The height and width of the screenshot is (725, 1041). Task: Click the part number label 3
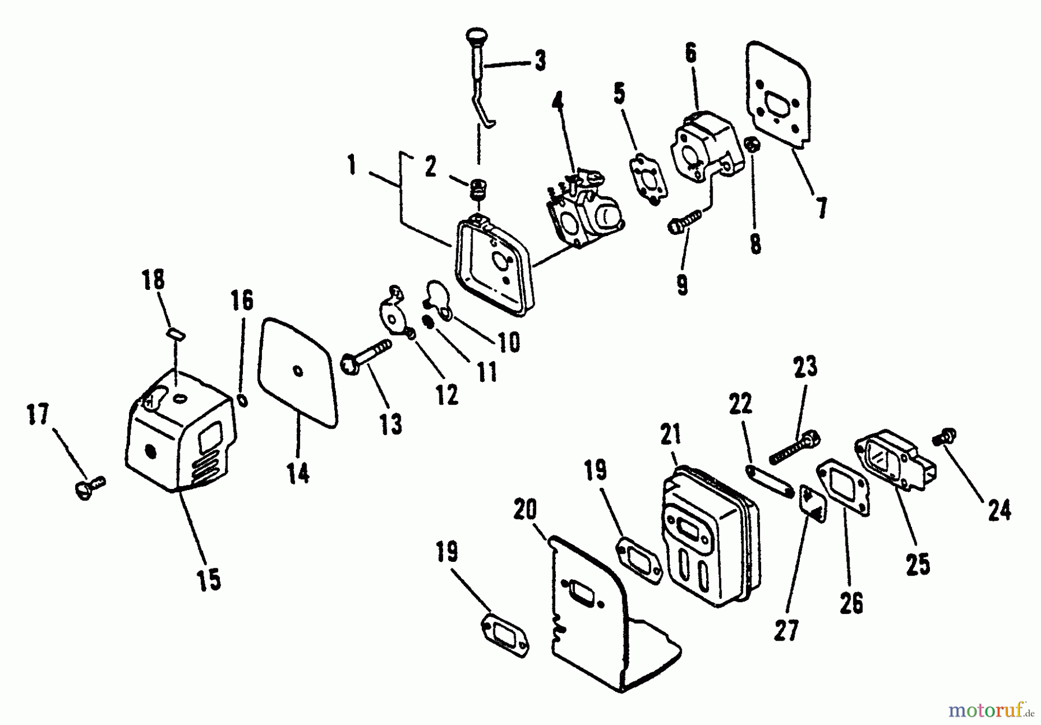[540, 60]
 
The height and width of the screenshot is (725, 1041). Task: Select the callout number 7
[821, 207]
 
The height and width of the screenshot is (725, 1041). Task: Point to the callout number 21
[671, 434]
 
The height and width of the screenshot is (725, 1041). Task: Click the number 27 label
[787, 631]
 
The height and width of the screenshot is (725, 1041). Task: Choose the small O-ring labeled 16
[243, 400]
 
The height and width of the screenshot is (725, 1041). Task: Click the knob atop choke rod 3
[477, 38]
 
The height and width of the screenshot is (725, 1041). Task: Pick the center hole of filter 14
[297, 370]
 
